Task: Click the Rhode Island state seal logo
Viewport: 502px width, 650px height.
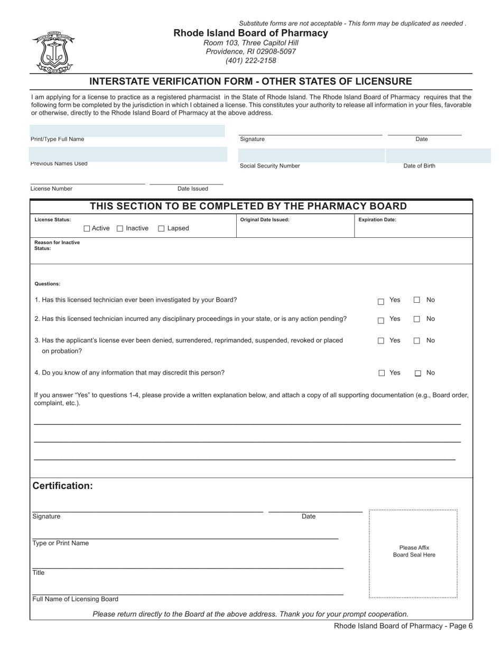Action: pos(53,52)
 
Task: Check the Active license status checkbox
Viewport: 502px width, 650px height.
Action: pos(87,229)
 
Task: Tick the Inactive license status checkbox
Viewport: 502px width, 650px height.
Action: pos(120,229)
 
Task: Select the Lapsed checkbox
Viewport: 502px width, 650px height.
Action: pos(162,229)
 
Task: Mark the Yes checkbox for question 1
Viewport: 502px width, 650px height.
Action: pos(381,302)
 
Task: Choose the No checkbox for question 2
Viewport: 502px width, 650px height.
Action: pos(417,319)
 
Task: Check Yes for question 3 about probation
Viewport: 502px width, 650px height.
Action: pos(381,341)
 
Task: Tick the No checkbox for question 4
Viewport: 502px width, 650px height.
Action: pos(418,374)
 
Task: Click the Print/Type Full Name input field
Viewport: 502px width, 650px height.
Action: pos(127,131)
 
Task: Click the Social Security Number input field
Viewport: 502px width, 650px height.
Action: pos(311,155)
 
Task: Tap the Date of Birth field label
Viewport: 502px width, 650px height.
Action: pos(419,166)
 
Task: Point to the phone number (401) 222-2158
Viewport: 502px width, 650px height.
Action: pos(250,60)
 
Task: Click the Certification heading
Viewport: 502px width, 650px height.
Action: pos(62,486)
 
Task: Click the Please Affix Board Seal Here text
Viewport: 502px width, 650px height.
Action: pos(414,551)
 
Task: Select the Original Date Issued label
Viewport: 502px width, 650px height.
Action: pos(265,220)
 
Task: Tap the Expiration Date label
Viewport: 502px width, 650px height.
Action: pos(377,220)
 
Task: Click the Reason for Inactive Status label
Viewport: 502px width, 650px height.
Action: pos(57,245)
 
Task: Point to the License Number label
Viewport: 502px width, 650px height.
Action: pos(51,189)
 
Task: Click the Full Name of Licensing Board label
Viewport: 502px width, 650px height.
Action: pos(75,599)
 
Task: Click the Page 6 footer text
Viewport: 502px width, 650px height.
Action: pos(403,626)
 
